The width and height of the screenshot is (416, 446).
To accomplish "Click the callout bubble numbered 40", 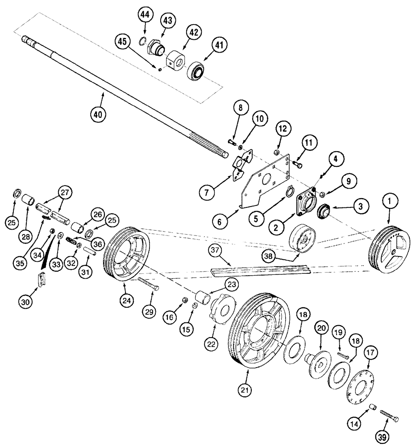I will click(x=99, y=114).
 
